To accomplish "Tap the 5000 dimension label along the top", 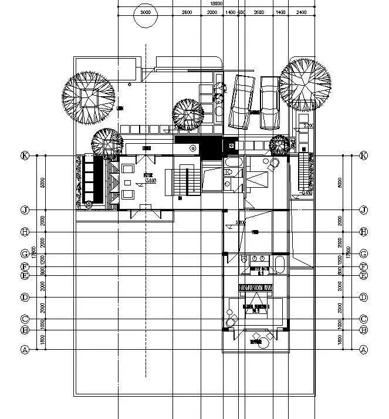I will click(145, 12).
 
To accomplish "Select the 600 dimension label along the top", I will click(241, 12).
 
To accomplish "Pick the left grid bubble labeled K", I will click(25, 156).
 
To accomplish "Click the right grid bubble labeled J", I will click(364, 209).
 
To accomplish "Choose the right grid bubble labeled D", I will click(364, 298).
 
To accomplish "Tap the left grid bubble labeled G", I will click(25, 254).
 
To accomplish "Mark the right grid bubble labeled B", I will click(364, 330).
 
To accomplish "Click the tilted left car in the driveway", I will click(241, 101).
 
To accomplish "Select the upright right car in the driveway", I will click(269, 103).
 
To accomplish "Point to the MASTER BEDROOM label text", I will click(256, 307).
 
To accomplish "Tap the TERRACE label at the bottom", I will click(256, 341).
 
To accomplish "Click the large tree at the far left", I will click(89, 97).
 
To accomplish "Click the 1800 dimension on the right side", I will click(340, 340).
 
